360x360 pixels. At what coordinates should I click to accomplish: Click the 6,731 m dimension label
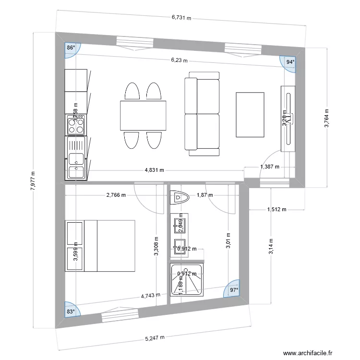coord(181,18)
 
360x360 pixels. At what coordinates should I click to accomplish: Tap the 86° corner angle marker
coord(72,48)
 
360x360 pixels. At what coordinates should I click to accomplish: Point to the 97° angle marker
coord(233,290)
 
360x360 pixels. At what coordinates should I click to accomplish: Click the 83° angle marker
coord(71,311)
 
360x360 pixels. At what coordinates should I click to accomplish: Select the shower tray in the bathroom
coord(187,280)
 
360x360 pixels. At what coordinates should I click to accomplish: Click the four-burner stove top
coord(76,125)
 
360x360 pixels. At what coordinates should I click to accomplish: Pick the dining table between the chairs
coord(144,116)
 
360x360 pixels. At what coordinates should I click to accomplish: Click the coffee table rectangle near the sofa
coord(250,114)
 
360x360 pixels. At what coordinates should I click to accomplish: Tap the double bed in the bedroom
coord(100,245)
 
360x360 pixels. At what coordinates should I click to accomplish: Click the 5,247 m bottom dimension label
coord(155,337)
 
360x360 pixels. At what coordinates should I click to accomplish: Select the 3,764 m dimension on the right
coord(326,118)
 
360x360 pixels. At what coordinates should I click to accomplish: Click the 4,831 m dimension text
coord(154,170)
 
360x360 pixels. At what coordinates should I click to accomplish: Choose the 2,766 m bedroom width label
coord(116,195)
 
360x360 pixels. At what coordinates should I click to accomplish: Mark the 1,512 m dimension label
coord(276,209)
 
